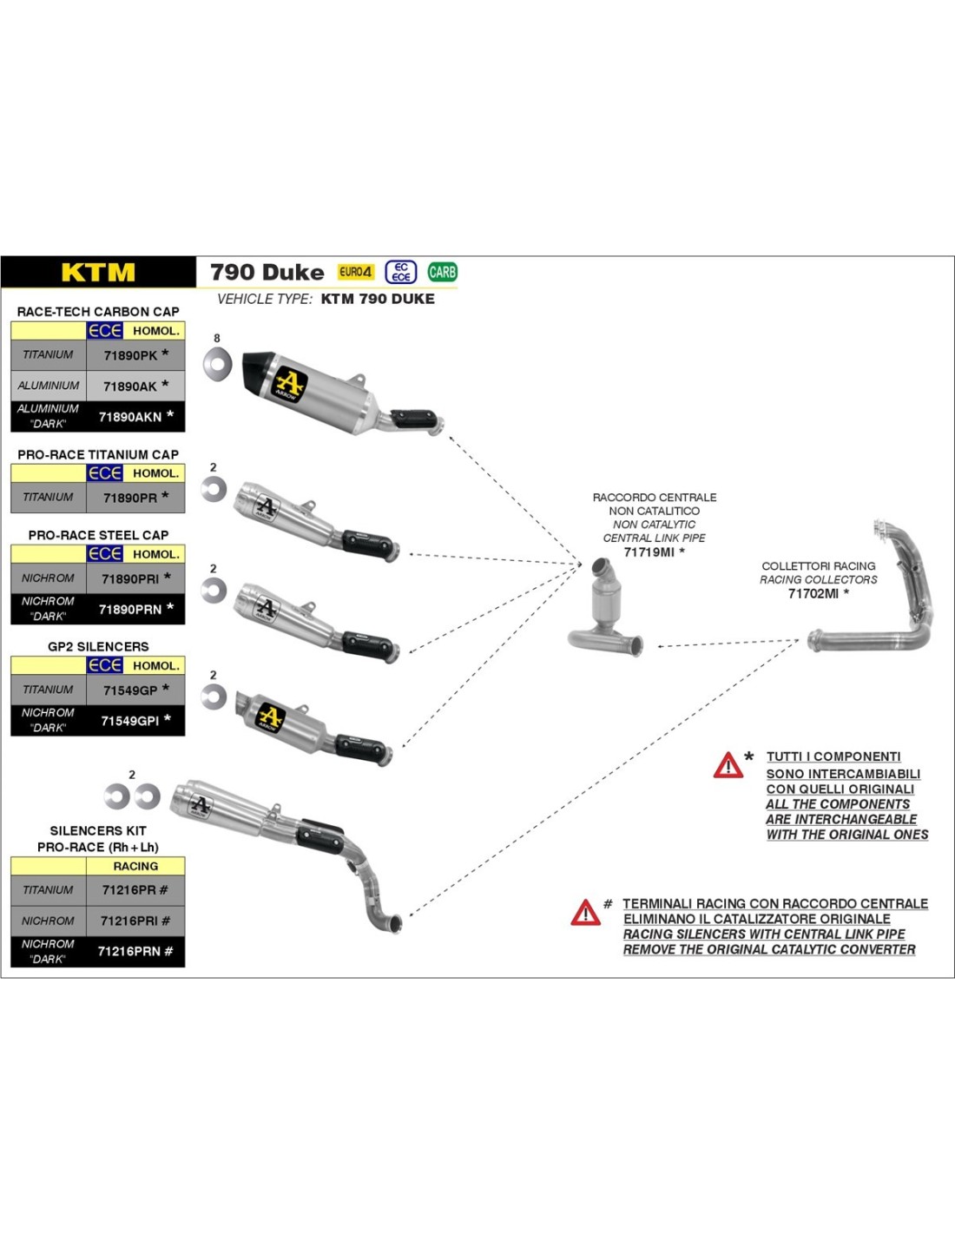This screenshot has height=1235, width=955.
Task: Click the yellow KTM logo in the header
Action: pyautogui.click(x=98, y=273)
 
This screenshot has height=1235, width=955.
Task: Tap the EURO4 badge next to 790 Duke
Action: pyautogui.click(x=356, y=272)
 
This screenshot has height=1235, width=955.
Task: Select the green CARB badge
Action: pyautogui.click(x=442, y=272)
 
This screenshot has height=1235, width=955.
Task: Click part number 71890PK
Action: pyautogui.click(x=130, y=355)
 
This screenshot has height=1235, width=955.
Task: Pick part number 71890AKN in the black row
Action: pyautogui.click(x=130, y=417)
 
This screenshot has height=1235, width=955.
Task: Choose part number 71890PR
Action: pyautogui.click(x=130, y=498)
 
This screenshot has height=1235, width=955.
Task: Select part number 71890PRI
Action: pyautogui.click(x=130, y=578)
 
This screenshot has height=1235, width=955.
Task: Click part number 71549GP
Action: pyautogui.click(x=130, y=690)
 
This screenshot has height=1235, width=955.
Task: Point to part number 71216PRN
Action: pyautogui.click(x=128, y=952)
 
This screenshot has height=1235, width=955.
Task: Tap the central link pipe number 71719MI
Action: pyautogui.click(x=649, y=552)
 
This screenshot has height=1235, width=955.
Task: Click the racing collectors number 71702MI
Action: pyautogui.click(x=813, y=594)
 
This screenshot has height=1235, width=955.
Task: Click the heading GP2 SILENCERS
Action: pyautogui.click(x=98, y=647)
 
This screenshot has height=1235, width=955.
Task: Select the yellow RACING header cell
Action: pyautogui.click(x=135, y=867)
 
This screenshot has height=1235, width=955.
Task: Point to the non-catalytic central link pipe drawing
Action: pyautogui.click(x=606, y=612)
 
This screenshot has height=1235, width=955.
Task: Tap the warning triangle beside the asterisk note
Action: pyautogui.click(x=728, y=765)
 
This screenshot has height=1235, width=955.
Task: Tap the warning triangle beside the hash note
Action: pyautogui.click(x=585, y=913)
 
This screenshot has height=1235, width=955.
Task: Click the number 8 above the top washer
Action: pyautogui.click(x=217, y=339)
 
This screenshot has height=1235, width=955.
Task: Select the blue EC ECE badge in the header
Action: pyautogui.click(x=400, y=272)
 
